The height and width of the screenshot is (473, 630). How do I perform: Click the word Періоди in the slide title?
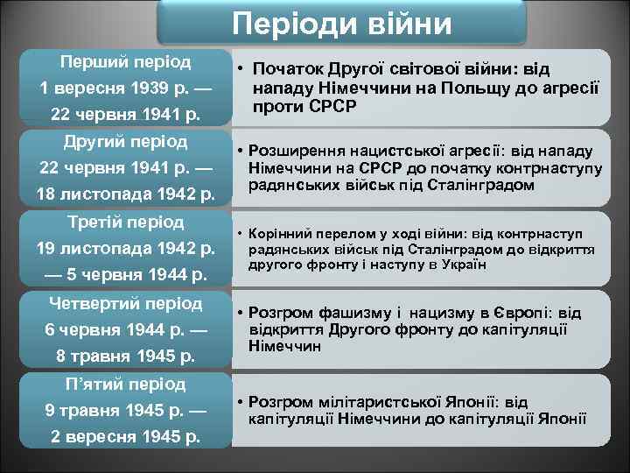pos(282,23)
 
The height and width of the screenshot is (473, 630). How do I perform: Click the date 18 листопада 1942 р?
pos(125,194)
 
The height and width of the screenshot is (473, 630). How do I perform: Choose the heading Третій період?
pos(125,221)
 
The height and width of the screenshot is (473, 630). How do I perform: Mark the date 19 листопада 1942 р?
pos(125,248)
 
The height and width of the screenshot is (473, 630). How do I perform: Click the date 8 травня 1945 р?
pos(125,356)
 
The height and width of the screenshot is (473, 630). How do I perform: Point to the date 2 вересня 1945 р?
pos(125,436)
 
